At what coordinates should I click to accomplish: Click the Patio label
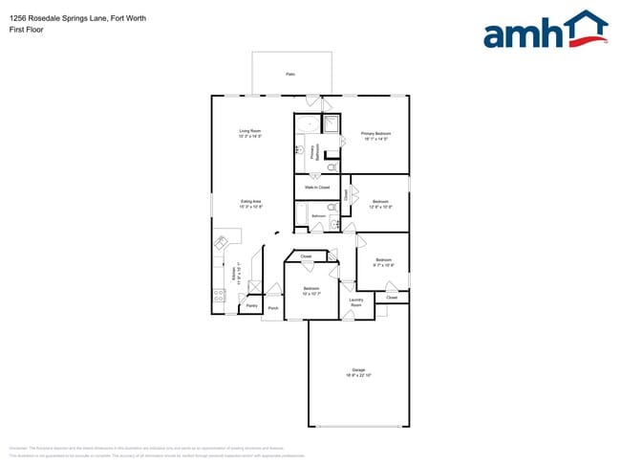(x=290, y=74)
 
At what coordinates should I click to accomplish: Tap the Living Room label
(x=250, y=131)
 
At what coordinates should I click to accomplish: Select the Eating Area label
(x=251, y=201)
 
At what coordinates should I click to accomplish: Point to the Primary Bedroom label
(x=375, y=133)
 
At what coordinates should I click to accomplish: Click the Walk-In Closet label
(x=317, y=188)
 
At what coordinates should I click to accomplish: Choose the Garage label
(x=358, y=369)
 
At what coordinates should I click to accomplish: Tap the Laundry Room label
(x=355, y=302)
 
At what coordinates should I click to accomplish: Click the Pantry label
(x=251, y=307)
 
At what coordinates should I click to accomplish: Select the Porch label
(x=273, y=308)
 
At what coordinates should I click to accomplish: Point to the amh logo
(x=545, y=31)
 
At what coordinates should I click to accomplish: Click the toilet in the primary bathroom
(x=332, y=167)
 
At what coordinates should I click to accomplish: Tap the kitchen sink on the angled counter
(x=222, y=243)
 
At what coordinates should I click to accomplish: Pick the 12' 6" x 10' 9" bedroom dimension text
(x=380, y=207)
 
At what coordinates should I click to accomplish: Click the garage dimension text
(x=358, y=375)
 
